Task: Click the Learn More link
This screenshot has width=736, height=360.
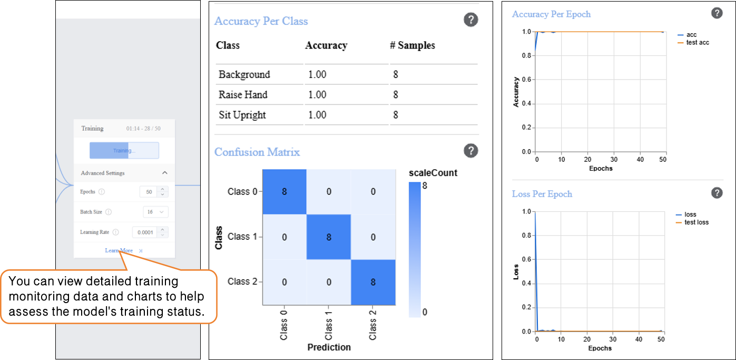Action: pyautogui.click(x=119, y=250)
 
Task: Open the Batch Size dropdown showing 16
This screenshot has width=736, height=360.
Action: pyautogui.click(x=155, y=212)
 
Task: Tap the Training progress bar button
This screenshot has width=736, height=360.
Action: pyautogui.click(x=124, y=151)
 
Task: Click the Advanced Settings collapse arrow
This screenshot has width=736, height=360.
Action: pyautogui.click(x=165, y=173)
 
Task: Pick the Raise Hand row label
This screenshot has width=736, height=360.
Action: pyautogui.click(x=243, y=95)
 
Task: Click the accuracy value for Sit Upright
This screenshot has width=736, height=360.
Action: pyautogui.click(x=317, y=115)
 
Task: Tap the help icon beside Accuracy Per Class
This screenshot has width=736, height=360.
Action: pyautogui.click(x=470, y=20)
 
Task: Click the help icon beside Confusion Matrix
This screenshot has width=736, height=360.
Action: pyautogui.click(x=470, y=151)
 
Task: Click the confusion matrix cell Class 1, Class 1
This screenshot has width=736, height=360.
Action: pyautogui.click(x=328, y=237)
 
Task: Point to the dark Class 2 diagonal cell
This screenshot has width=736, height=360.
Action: pyautogui.click(x=373, y=282)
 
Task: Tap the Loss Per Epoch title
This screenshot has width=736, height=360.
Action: pyautogui.click(x=542, y=194)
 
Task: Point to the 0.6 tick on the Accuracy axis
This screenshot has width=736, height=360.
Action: pyautogui.click(x=526, y=80)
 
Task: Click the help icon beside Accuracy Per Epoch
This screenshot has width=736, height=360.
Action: pyautogui.click(x=717, y=14)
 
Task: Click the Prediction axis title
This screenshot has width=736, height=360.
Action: pyautogui.click(x=329, y=347)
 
